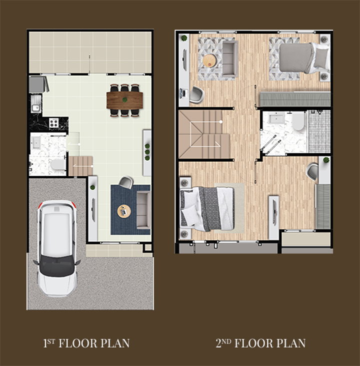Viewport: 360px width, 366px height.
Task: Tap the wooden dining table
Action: click(124, 100)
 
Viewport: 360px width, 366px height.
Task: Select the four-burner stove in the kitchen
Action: click(53, 122)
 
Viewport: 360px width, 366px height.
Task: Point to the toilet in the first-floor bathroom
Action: click(57, 165)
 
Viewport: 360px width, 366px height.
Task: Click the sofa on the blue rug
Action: click(143, 210)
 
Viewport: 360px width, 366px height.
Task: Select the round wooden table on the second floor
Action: click(210, 61)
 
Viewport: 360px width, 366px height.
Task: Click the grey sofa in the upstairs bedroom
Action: click(230, 59)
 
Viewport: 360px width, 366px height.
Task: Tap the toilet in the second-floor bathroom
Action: click(298, 121)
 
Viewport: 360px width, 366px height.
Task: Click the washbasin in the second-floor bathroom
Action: click(276, 118)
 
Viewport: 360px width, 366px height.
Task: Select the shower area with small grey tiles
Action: click(319, 131)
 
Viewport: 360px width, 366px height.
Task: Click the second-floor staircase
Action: click(204, 135)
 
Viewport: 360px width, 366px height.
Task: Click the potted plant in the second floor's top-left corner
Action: click(184, 38)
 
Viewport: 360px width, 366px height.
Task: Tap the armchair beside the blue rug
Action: click(126, 182)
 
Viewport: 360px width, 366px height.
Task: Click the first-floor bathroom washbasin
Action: click(36, 143)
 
